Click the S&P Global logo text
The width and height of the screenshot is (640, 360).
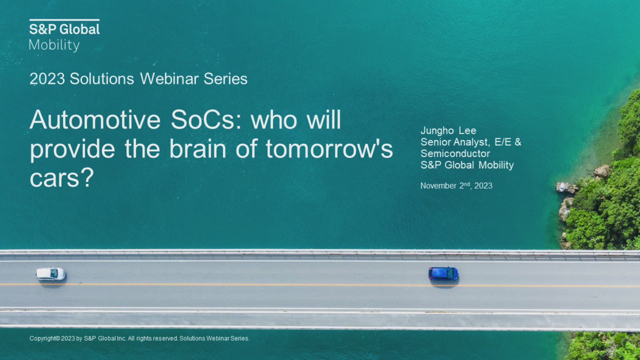point(64,29)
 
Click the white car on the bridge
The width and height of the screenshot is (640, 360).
point(51,274)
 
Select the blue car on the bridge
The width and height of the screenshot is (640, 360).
point(443,274)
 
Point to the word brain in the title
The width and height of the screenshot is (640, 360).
point(198,149)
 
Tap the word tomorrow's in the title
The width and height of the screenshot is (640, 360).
point(329,149)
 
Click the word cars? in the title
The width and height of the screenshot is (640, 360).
point(62,178)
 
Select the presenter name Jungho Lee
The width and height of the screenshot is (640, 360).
point(448,131)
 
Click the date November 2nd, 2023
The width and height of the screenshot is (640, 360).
point(456,186)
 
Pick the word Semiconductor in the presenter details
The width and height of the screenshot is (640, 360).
point(455,154)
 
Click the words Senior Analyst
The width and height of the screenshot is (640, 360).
point(455,142)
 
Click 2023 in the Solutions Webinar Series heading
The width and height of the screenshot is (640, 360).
point(47,79)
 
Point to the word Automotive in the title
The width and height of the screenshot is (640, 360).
point(95,120)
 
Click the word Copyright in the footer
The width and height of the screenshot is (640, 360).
point(45,339)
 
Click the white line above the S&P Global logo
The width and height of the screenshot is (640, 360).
point(64,20)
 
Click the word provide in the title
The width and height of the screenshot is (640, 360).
point(72,149)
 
